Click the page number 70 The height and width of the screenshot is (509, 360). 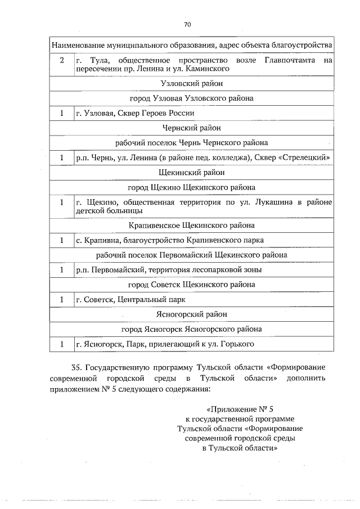[188, 24]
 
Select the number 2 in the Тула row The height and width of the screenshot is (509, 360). [62, 60]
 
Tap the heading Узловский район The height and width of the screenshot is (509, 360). [192, 83]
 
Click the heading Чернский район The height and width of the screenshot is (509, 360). [192, 128]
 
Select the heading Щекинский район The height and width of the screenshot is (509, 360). [192, 172]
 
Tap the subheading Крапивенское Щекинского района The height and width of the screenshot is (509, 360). [192, 226]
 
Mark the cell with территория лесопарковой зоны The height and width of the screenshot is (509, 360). [169, 270]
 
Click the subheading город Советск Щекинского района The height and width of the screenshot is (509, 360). [192, 285]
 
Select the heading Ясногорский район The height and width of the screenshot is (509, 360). [192, 314]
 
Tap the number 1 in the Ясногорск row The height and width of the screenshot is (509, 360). [62, 343]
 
